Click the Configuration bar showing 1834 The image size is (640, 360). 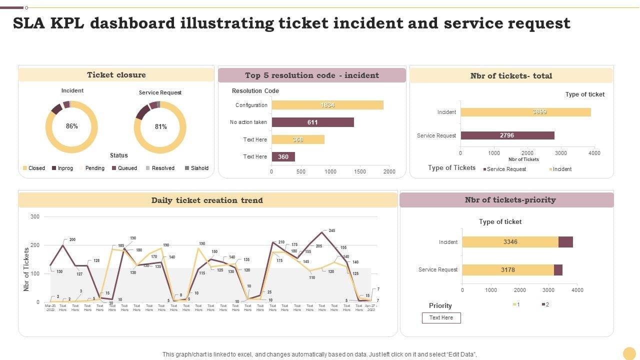(327, 105)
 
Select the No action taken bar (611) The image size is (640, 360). (312, 122)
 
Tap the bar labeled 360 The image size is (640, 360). (283, 156)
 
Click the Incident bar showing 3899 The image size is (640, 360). (525, 112)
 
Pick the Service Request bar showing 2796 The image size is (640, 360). (507, 135)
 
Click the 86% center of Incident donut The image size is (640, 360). (72, 126)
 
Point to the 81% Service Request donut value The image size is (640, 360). (160, 127)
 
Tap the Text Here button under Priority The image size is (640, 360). (441, 317)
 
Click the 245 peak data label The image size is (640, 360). (331, 230)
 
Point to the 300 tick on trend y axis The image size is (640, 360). (35, 216)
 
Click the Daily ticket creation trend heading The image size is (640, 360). (207, 200)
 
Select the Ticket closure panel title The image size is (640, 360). (116, 74)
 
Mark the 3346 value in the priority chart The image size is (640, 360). (510, 242)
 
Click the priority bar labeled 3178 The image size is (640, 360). (507, 270)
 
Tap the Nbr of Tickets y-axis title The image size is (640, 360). (26, 269)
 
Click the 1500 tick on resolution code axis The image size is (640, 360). (359, 171)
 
